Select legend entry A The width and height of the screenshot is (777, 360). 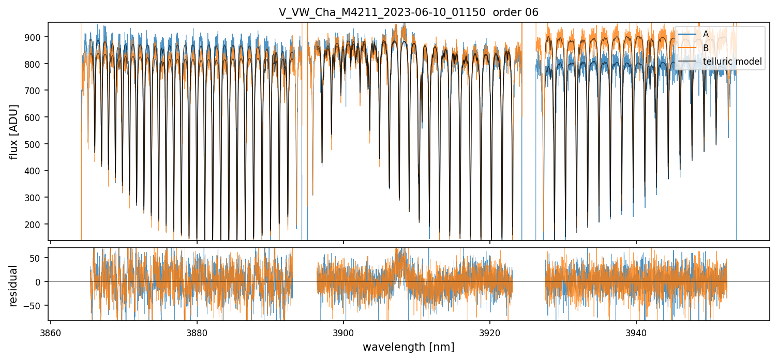tap(706, 34)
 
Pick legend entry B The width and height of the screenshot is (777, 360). tap(706, 48)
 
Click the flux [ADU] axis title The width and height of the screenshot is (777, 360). tap(14, 131)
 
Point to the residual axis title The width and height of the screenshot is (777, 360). tap(14, 286)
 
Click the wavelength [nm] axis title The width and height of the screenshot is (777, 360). tap(409, 347)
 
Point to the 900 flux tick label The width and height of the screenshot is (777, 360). tap(37, 37)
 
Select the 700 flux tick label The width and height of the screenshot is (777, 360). tap(37, 91)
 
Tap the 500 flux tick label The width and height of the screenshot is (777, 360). tap(37, 144)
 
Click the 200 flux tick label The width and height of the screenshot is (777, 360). tap(37, 224)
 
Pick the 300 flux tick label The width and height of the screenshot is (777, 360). tap(37, 198)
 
